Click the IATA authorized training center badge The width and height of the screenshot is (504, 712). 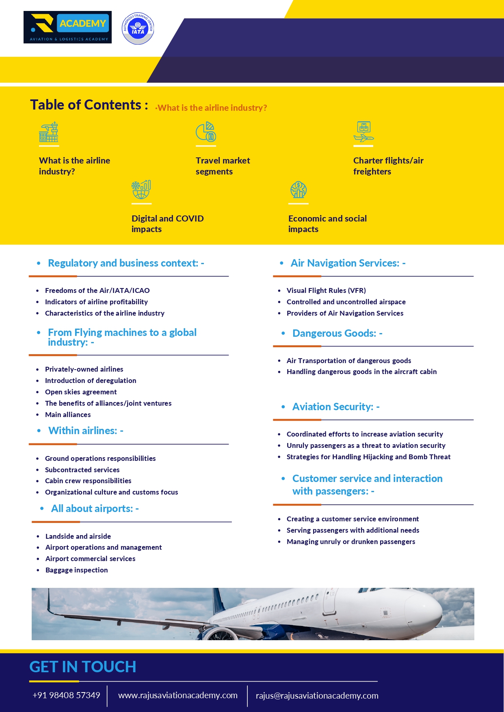pos(138,28)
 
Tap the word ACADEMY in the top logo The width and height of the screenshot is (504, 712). pos(83,24)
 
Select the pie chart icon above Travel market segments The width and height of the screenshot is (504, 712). pos(206,131)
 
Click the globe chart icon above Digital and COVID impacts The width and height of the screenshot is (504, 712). pos(141,189)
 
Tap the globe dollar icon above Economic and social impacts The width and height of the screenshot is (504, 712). pos(299,190)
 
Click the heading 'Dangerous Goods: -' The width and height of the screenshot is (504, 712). pos(337,333)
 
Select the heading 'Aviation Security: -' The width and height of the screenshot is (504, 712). pos(336,407)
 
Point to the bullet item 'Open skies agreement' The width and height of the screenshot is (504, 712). pos(81,392)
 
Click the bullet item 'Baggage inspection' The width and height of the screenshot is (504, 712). pos(77,570)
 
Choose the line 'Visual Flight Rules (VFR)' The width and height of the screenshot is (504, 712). pos(326,290)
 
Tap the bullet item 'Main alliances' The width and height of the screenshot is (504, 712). pos(68,415)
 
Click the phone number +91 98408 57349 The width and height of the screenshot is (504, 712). pos(66,695)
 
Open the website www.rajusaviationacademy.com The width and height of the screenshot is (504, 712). pos(178,695)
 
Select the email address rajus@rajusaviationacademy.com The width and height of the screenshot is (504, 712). pos(317,696)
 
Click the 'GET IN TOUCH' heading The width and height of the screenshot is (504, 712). pos(83,667)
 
